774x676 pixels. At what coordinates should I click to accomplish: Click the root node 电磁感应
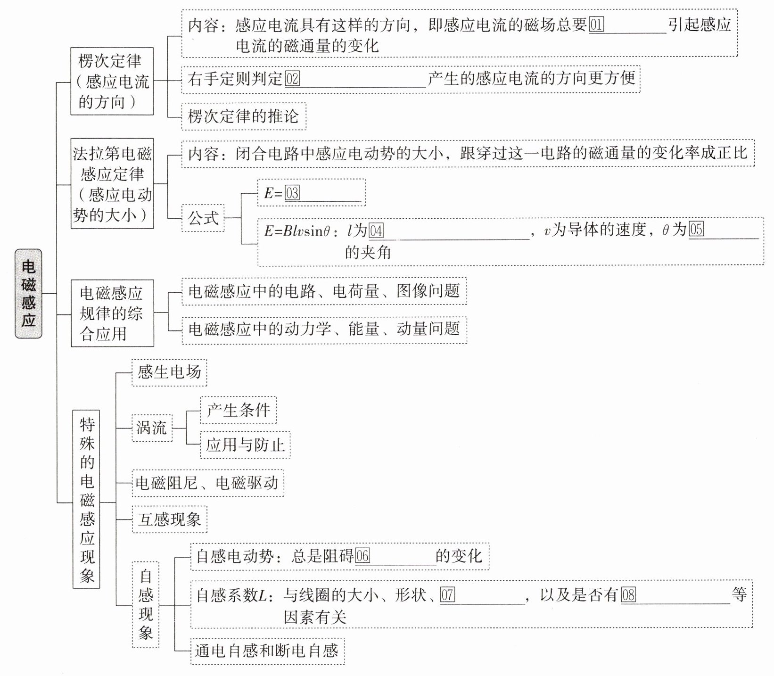(28, 293)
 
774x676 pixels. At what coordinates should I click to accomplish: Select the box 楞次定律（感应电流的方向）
(112, 81)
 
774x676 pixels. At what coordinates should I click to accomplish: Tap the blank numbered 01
(627, 25)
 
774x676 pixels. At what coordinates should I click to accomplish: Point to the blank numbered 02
(355, 79)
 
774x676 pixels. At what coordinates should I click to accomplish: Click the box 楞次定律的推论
(244, 116)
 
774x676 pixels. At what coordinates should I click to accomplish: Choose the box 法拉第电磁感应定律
(112, 184)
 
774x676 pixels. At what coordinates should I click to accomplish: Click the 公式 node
(203, 218)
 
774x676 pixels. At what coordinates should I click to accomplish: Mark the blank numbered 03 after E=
(323, 193)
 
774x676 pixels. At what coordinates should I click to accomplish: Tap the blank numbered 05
(724, 230)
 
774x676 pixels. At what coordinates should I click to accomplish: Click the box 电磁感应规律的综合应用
(112, 313)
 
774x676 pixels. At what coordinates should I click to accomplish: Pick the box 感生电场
(169, 372)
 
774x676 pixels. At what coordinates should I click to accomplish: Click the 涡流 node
(152, 428)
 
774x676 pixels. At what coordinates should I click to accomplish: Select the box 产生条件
(238, 410)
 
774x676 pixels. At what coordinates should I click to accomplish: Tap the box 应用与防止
(245, 445)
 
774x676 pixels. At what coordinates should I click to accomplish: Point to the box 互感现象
(170, 519)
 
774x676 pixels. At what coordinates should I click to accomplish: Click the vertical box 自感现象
(145, 604)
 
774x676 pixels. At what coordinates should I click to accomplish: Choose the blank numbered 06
(395, 557)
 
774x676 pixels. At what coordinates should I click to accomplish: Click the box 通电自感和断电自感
(267, 651)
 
